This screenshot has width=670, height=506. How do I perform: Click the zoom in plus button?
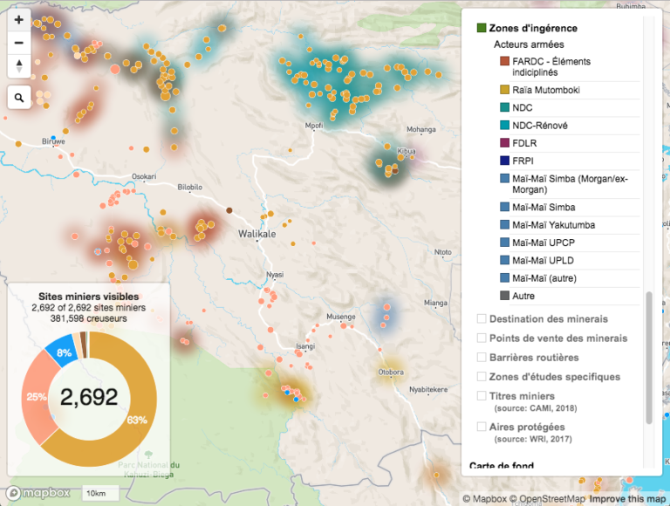tap(19, 19)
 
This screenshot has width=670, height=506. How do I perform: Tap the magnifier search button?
tap(19, 97)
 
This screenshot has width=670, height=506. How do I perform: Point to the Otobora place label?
tap(390, 373)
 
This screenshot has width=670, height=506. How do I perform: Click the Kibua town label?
tap(407, 151)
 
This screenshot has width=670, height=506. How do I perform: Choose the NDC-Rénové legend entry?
tap(540, 126)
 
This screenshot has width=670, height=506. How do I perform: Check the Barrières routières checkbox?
tap(482, 358)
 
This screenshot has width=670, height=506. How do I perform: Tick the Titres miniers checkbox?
tap(482, 396)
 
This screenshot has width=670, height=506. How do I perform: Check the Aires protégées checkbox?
tap(482, 427)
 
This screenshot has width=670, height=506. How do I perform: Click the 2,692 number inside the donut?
tap(88, 398)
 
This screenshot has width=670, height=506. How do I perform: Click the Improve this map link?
tap(628, 499)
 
